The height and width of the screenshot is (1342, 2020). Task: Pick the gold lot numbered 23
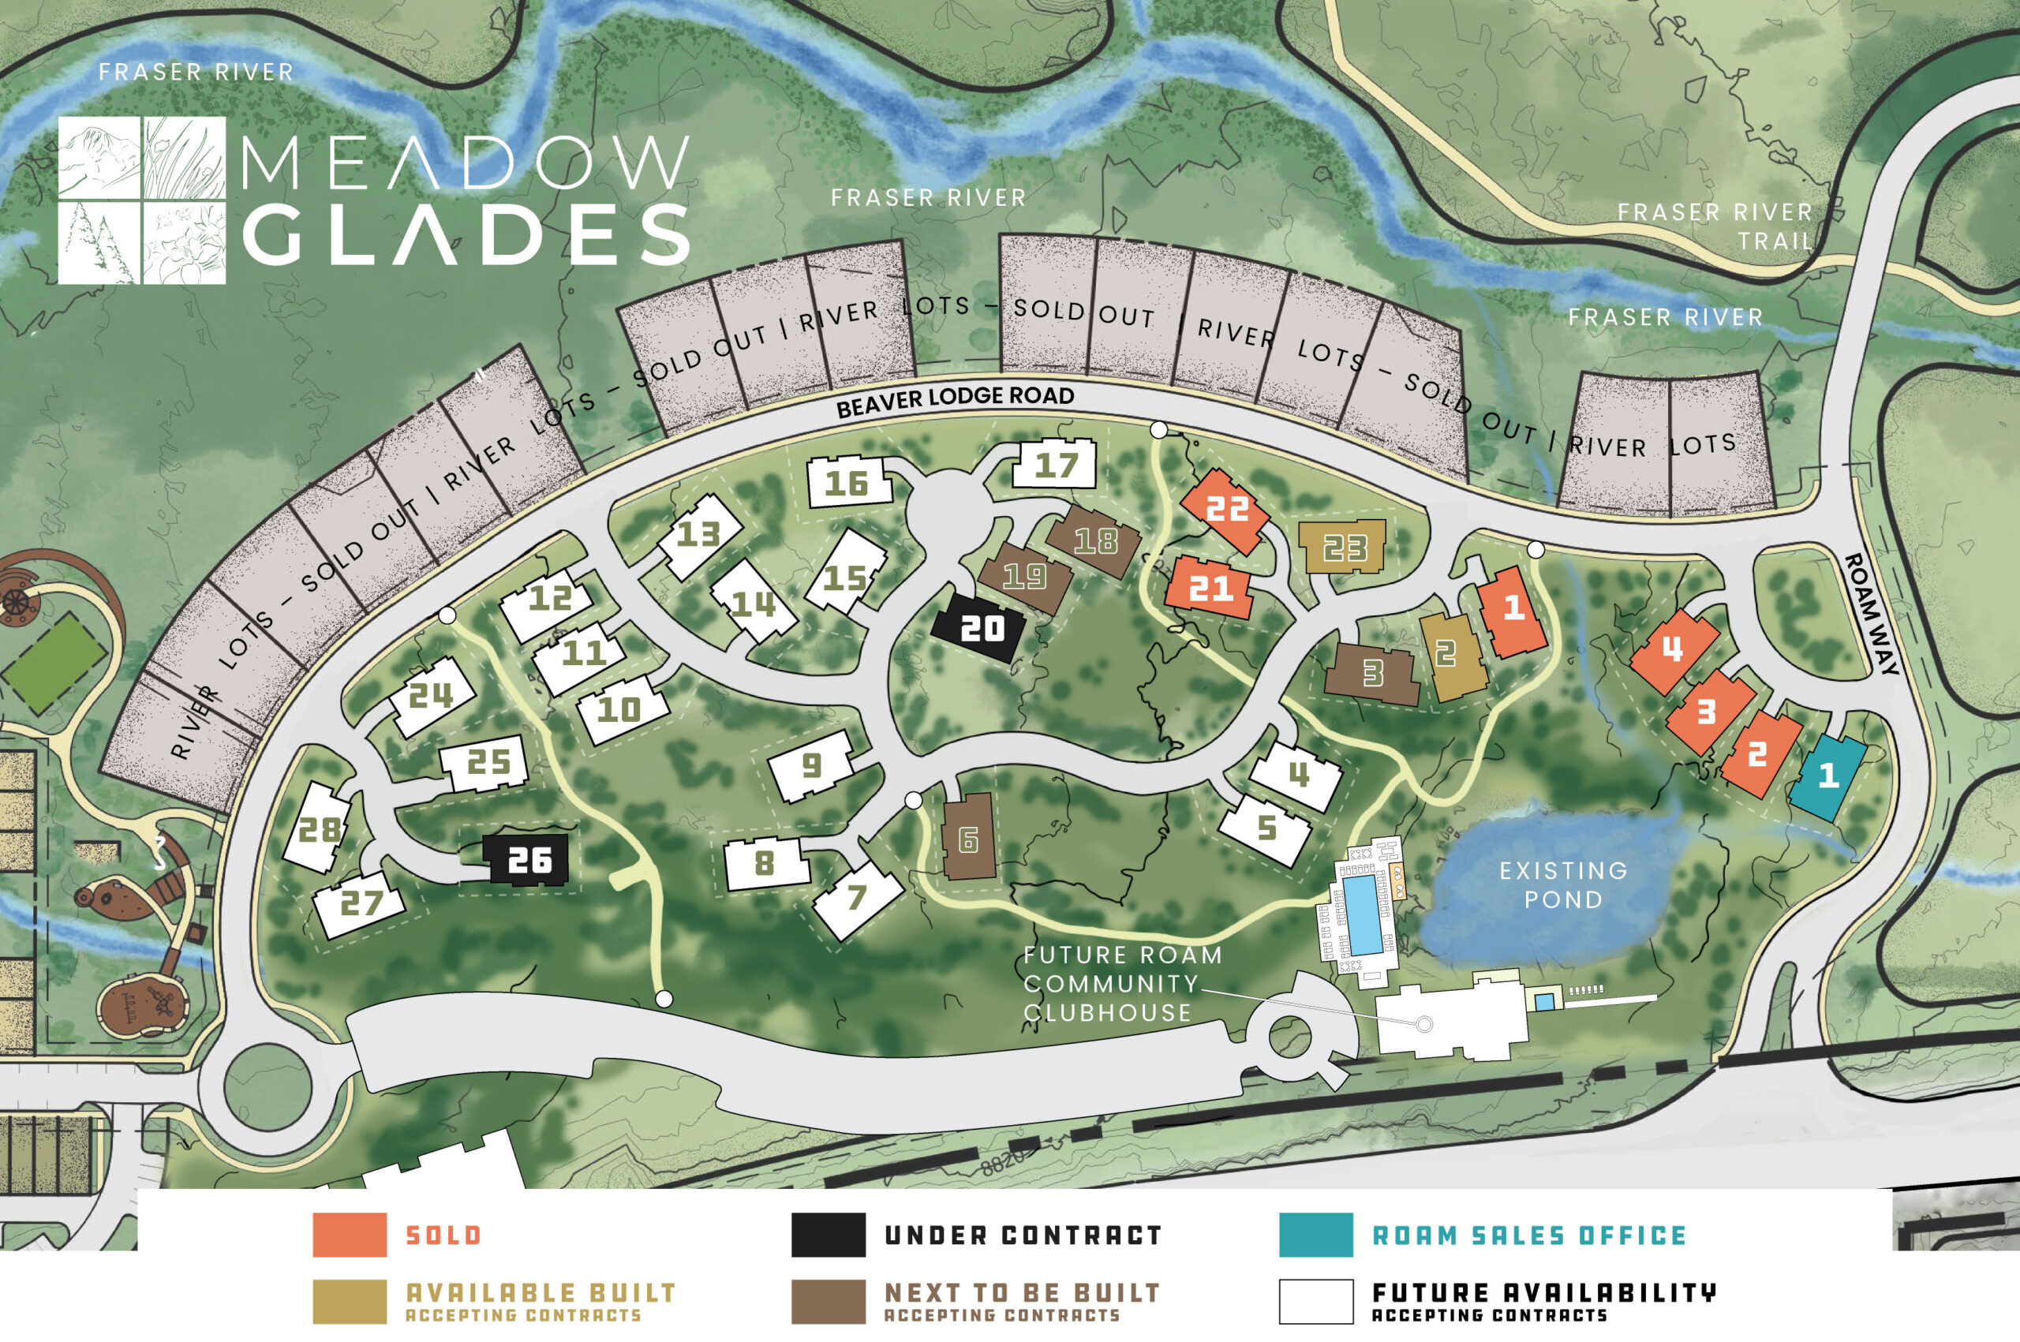coord(1342,547)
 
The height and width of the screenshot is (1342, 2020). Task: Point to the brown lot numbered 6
coord(968,838)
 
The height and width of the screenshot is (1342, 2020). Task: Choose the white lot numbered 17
coord(1054,465)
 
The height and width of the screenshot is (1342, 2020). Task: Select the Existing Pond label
coord(1563,885)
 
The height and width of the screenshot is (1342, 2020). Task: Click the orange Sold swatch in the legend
coord(350,1235)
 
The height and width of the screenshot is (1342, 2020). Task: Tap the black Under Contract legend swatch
coord(828,1235)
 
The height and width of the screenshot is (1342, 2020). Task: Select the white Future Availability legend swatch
coord(1315,1302)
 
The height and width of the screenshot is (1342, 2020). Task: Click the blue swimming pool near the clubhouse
coord(1363,914)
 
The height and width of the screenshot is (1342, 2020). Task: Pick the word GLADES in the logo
coord(466,234)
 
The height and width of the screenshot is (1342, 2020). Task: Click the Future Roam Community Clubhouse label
coord(1121,983)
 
